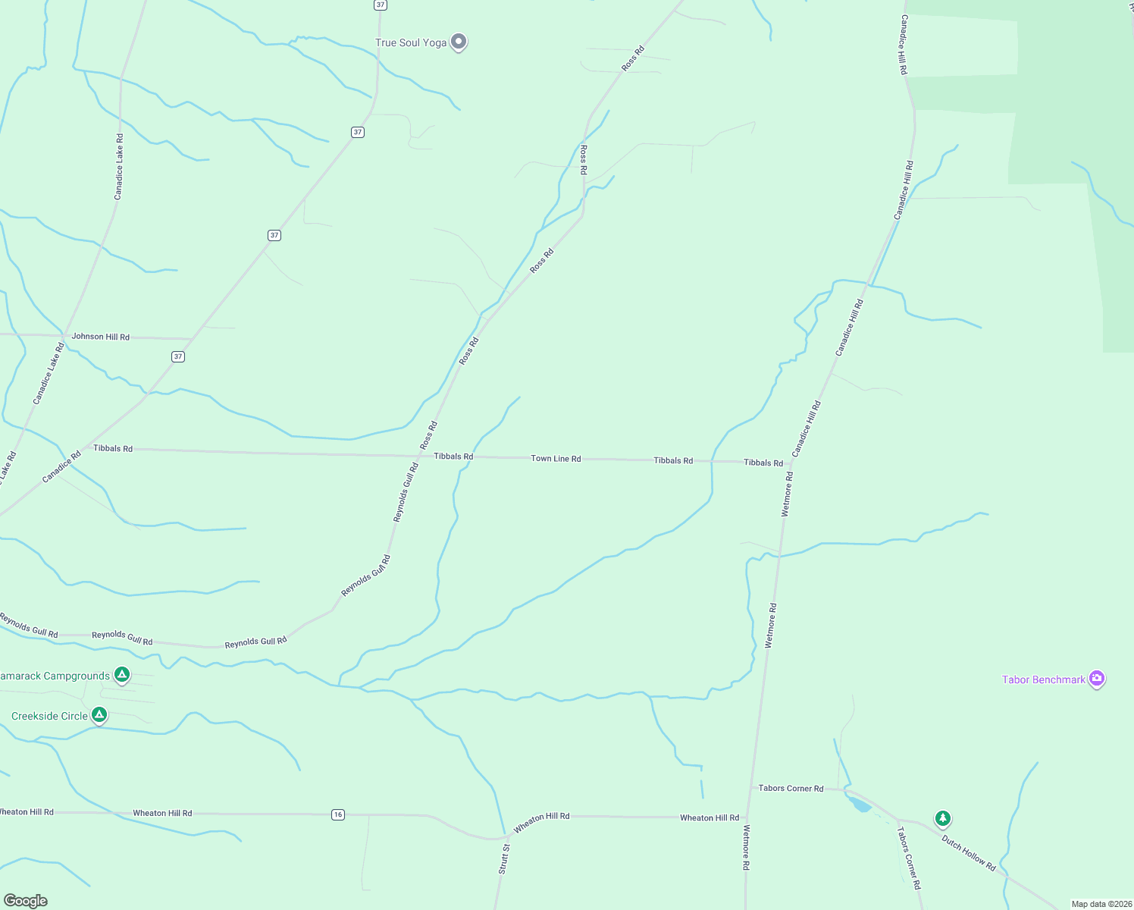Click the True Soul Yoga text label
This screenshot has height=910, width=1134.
click(411, 42)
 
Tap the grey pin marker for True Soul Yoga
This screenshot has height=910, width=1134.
click(458, 41)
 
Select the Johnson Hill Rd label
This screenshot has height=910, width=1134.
click(100, 337)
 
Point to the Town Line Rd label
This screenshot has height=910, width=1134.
click(556, 459)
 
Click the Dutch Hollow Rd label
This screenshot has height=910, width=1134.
click(968, 852)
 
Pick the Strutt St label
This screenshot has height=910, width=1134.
click(504, 859)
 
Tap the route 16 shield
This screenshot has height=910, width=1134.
click(338, 814)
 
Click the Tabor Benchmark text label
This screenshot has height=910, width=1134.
click(1043, 679)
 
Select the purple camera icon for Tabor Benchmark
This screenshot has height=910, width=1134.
click(1096, 678)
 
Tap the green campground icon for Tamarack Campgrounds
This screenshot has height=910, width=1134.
click(122, 674)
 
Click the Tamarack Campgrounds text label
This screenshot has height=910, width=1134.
click(55, 676)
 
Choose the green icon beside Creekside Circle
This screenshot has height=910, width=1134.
click(99, 714)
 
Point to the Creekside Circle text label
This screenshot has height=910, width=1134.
click(49, 716)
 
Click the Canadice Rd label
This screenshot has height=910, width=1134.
click(61, 467)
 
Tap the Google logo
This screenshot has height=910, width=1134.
click(26, 901)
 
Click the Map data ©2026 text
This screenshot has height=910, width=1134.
click(1101, 904)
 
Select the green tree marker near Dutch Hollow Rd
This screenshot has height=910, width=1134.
click(942, 818)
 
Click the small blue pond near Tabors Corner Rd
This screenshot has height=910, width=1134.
click(859, 804)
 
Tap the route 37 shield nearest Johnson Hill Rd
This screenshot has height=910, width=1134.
click(178, 356)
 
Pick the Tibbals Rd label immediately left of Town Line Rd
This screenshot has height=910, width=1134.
click(453, 457)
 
